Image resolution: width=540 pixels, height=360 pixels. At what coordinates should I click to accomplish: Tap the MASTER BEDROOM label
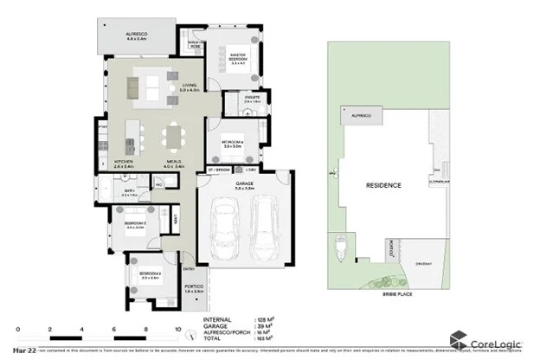click(238, 60)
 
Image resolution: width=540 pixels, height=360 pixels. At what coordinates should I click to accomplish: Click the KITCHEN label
click(123, 162)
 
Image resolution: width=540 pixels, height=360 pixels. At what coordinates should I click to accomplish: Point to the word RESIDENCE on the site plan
click(382, 185)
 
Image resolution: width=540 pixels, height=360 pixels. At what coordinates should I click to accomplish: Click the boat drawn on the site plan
click(337, 247)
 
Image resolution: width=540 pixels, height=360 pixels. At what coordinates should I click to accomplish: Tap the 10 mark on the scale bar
click(178, 329)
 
